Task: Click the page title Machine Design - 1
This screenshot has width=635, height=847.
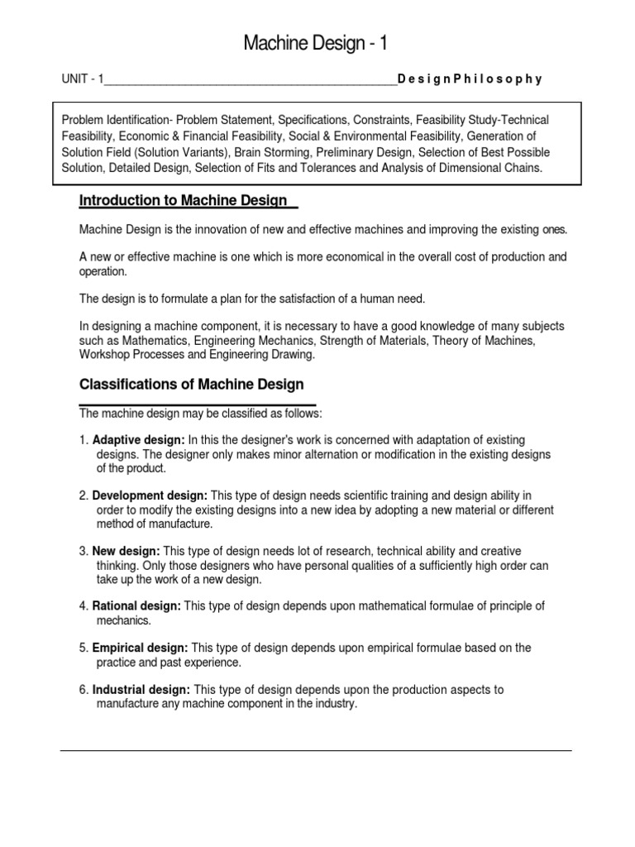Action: tap(315, 44)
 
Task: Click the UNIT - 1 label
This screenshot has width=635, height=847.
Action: tap(83, 80)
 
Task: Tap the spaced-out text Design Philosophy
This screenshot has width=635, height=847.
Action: tap(470, 80)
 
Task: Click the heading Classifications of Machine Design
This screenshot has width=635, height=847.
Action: tap(191, 385)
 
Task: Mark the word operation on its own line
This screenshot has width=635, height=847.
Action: tap(103, 271)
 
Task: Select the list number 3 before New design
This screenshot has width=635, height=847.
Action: tap(83, 551)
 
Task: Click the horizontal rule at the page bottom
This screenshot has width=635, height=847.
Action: tap(315, 751)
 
